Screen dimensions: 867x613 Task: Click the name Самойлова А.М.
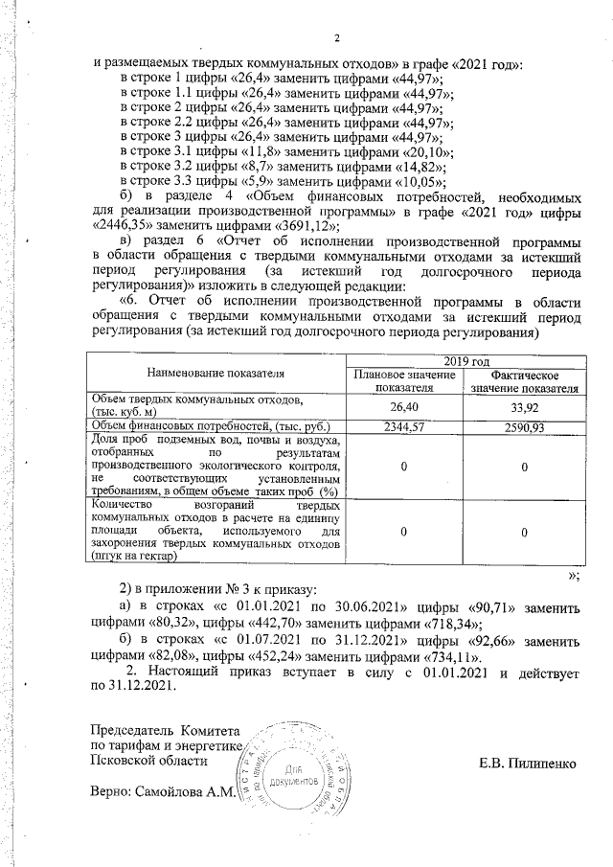click(x=188, y=794)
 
